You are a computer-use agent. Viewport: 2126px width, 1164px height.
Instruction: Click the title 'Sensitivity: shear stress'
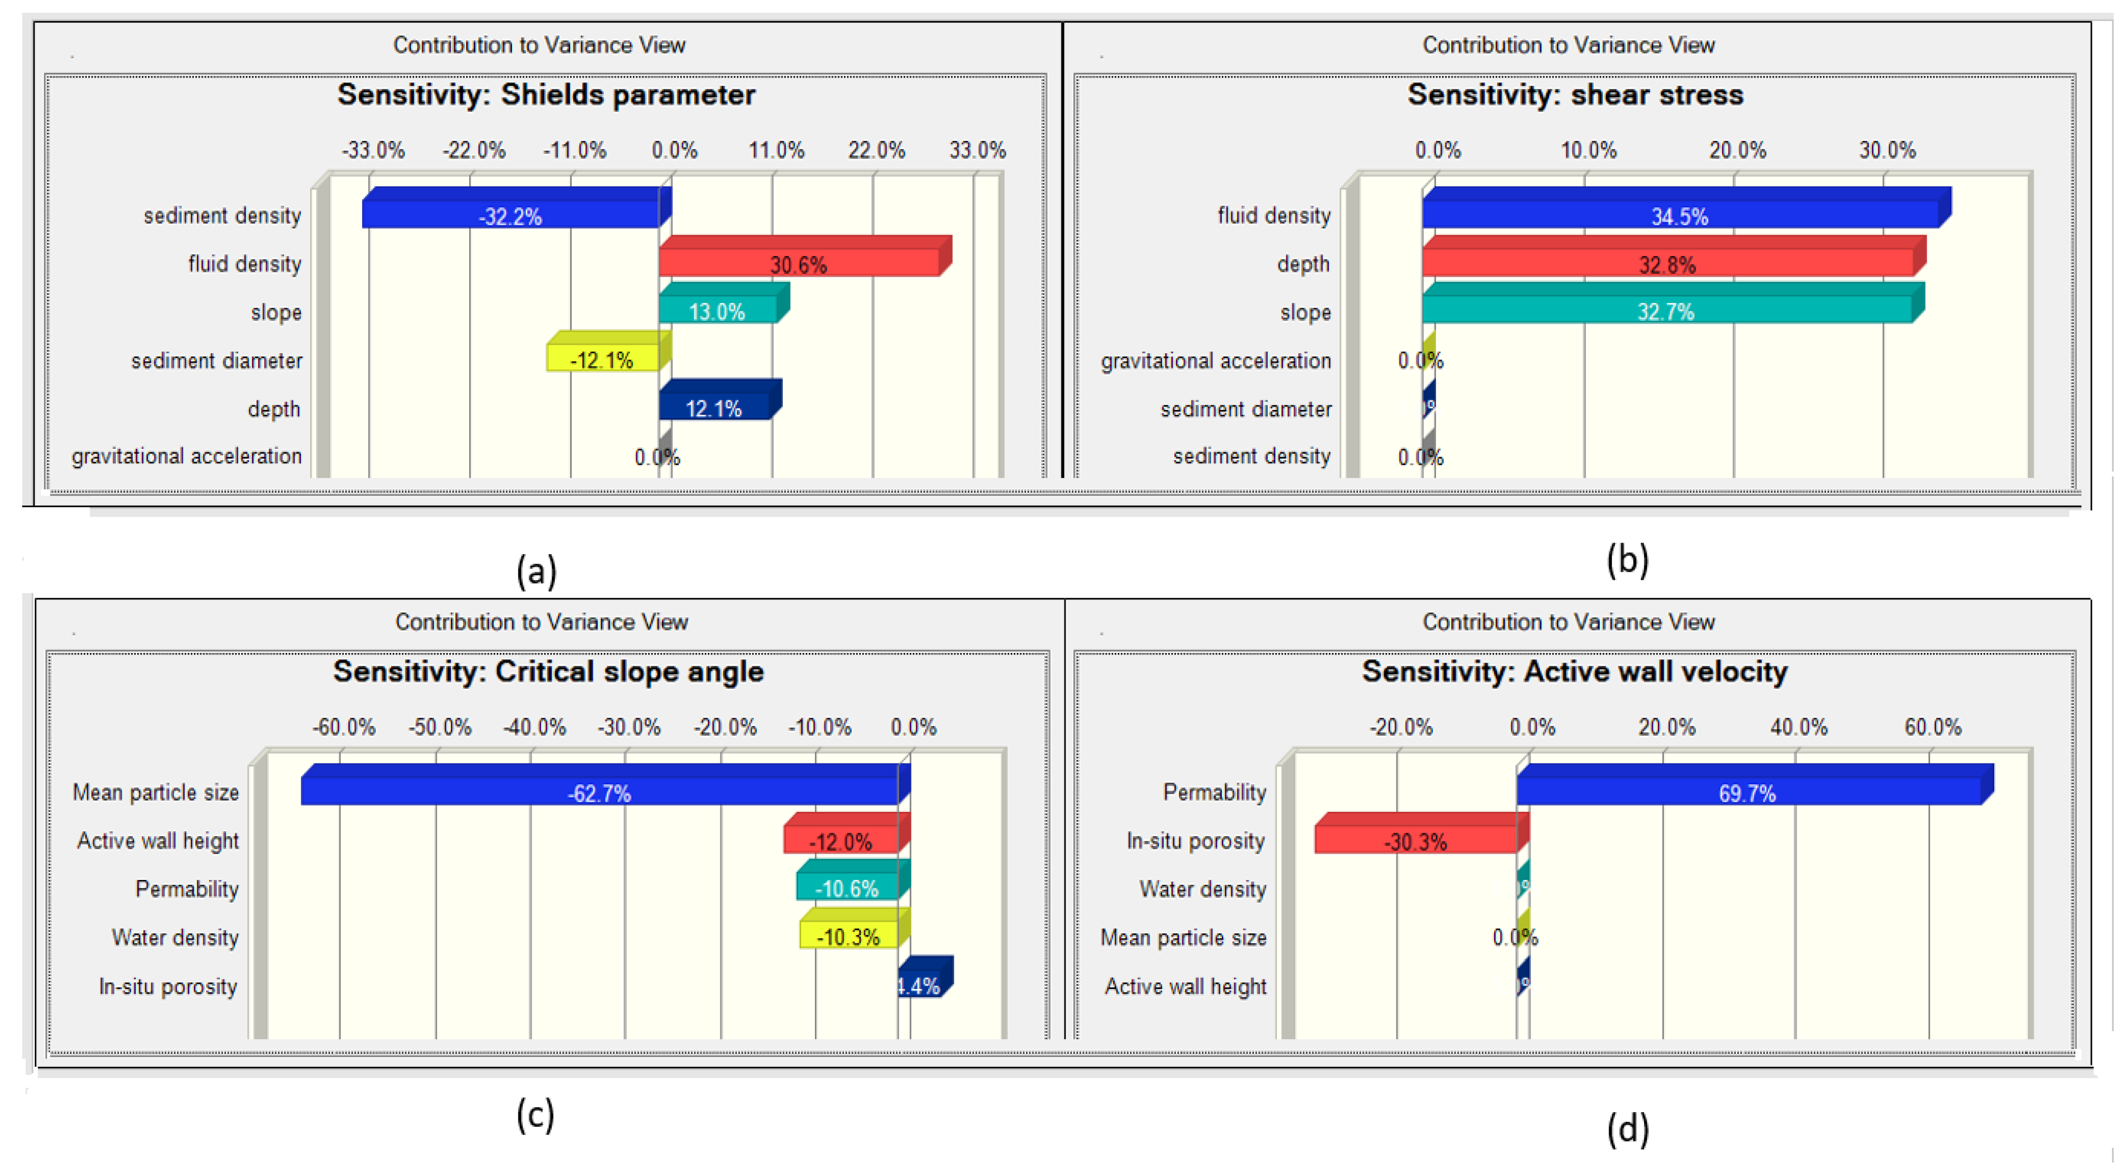1575,95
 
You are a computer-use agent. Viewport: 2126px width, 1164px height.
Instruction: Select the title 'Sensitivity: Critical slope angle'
548,671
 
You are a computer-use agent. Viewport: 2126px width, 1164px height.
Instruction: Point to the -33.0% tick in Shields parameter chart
374,150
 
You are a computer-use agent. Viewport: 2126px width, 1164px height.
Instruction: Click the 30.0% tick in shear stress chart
1887,150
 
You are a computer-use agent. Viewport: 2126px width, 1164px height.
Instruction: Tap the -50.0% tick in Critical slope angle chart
440,727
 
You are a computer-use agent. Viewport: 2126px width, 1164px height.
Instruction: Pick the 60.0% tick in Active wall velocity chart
1933,727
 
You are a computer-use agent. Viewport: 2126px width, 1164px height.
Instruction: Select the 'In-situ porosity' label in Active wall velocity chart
1195,840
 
